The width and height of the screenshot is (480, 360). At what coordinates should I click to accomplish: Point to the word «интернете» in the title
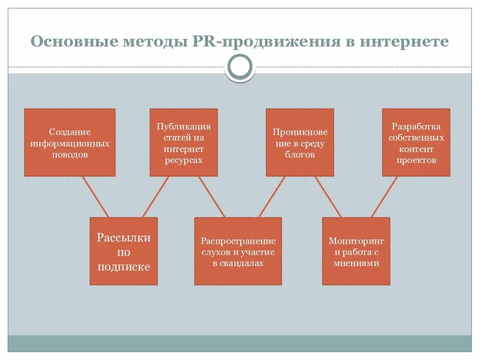[x=404, y=41]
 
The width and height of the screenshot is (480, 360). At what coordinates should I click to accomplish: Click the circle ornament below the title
[x=240, y=67]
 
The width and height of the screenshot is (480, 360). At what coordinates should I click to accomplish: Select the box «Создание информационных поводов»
[x=70, y=142]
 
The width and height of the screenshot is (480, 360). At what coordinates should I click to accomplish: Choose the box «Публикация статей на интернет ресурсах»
[x=183, y=142]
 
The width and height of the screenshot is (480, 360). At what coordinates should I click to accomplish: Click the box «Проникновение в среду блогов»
[x=300, y=142]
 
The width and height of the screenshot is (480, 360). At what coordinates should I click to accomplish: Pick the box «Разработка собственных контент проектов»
[x=416, y=142]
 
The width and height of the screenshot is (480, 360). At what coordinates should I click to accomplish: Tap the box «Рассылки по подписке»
[x=123, y=251]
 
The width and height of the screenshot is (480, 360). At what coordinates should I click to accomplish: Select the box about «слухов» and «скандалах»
[x=238, y=251]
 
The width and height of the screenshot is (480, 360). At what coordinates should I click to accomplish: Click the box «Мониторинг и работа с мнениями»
[x=356, y=251]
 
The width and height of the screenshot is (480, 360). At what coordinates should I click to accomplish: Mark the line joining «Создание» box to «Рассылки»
[x=95, y=196]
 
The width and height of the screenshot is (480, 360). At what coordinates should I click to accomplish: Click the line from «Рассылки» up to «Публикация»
[x=156, y=196]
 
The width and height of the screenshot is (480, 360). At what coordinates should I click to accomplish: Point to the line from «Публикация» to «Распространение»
[x=211, y=196]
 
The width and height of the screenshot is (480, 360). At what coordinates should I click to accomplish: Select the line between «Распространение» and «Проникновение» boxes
[x=271, y=196]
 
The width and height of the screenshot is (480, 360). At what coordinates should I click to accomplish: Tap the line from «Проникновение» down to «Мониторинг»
[x=327, y=196]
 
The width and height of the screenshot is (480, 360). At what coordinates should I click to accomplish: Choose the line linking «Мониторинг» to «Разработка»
[x=384, y=196]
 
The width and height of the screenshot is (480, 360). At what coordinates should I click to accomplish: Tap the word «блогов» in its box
[x=300, y=155]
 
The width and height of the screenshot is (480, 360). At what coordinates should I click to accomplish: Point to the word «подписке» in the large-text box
[x=123, y=266]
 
